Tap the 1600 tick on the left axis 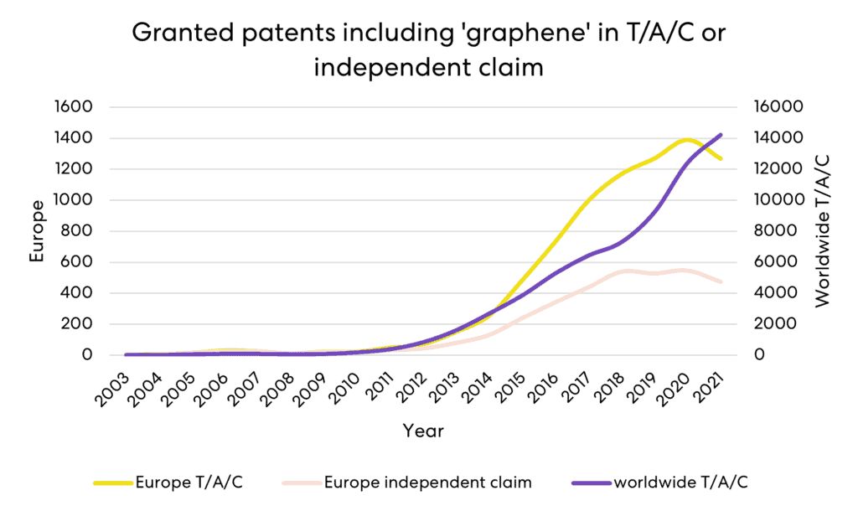click(x=75, y=107)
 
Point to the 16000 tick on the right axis click(x=780, y=107)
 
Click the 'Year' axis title click(x=423, y=431)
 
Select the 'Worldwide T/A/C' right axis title click(x=822, y=230)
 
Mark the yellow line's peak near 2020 click(x=687, y=139)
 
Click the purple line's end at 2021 click(x=721, y=135)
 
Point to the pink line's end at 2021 click(x=721, y=282)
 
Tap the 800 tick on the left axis click(x=80, y=231)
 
